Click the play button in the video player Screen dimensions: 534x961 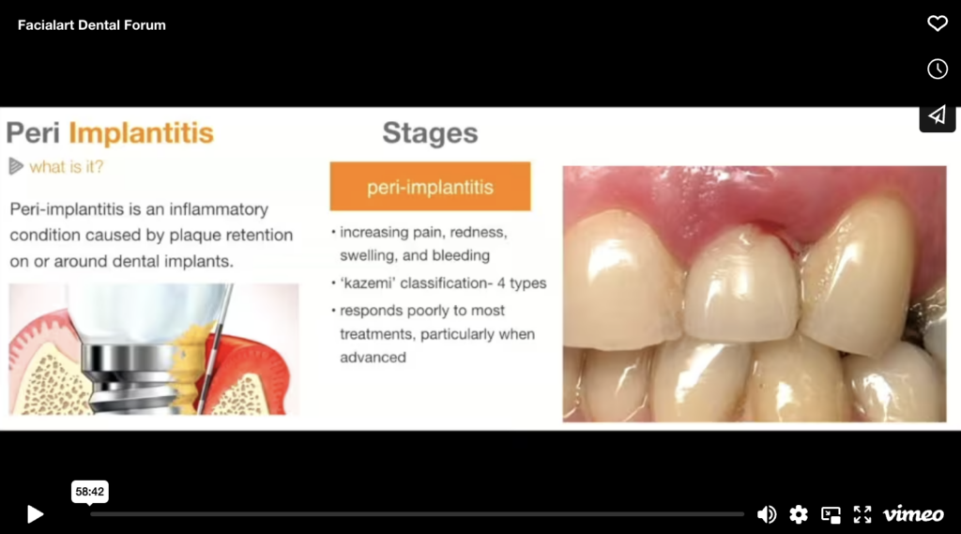tap(35, 513)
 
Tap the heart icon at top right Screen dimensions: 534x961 tap(937, 23)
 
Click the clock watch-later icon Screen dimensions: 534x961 tap(937, 69)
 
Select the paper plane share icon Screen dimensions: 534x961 tap(937, 114)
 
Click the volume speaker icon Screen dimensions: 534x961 tap(767, 513)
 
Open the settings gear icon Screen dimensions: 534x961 tap(799, 513)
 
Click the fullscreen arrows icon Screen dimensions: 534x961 tap(862, 513)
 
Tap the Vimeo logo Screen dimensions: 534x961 tap(913, 513)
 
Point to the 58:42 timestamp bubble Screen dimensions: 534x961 tap(90, 491)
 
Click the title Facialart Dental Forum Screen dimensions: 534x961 tap(91, 25)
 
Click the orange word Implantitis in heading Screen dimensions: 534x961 tap(142, 133)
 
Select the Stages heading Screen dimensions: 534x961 tap(430, 133)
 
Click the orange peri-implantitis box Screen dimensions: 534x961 tap(430, 187)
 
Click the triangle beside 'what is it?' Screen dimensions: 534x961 tap(16, 166)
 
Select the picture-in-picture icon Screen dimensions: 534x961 tap(831, 513)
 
